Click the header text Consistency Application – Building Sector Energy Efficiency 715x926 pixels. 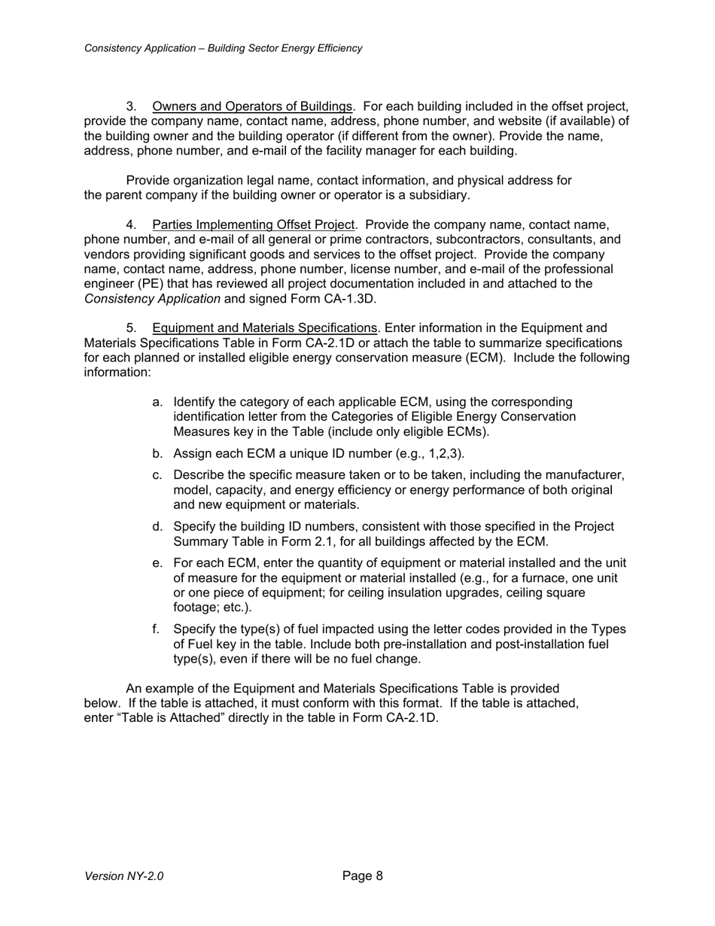point(223,48)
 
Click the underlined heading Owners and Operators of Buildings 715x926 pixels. point(252,106)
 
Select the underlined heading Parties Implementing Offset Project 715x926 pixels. point(253,224)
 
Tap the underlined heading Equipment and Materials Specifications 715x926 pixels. point(264,328)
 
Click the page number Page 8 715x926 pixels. point(363,876)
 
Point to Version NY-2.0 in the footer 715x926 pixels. point(124,876)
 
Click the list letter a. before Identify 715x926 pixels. point(157,402)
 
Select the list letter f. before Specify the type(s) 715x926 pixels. point(157,629)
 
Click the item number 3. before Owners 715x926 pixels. point(131,106)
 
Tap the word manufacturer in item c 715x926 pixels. point(588,475)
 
